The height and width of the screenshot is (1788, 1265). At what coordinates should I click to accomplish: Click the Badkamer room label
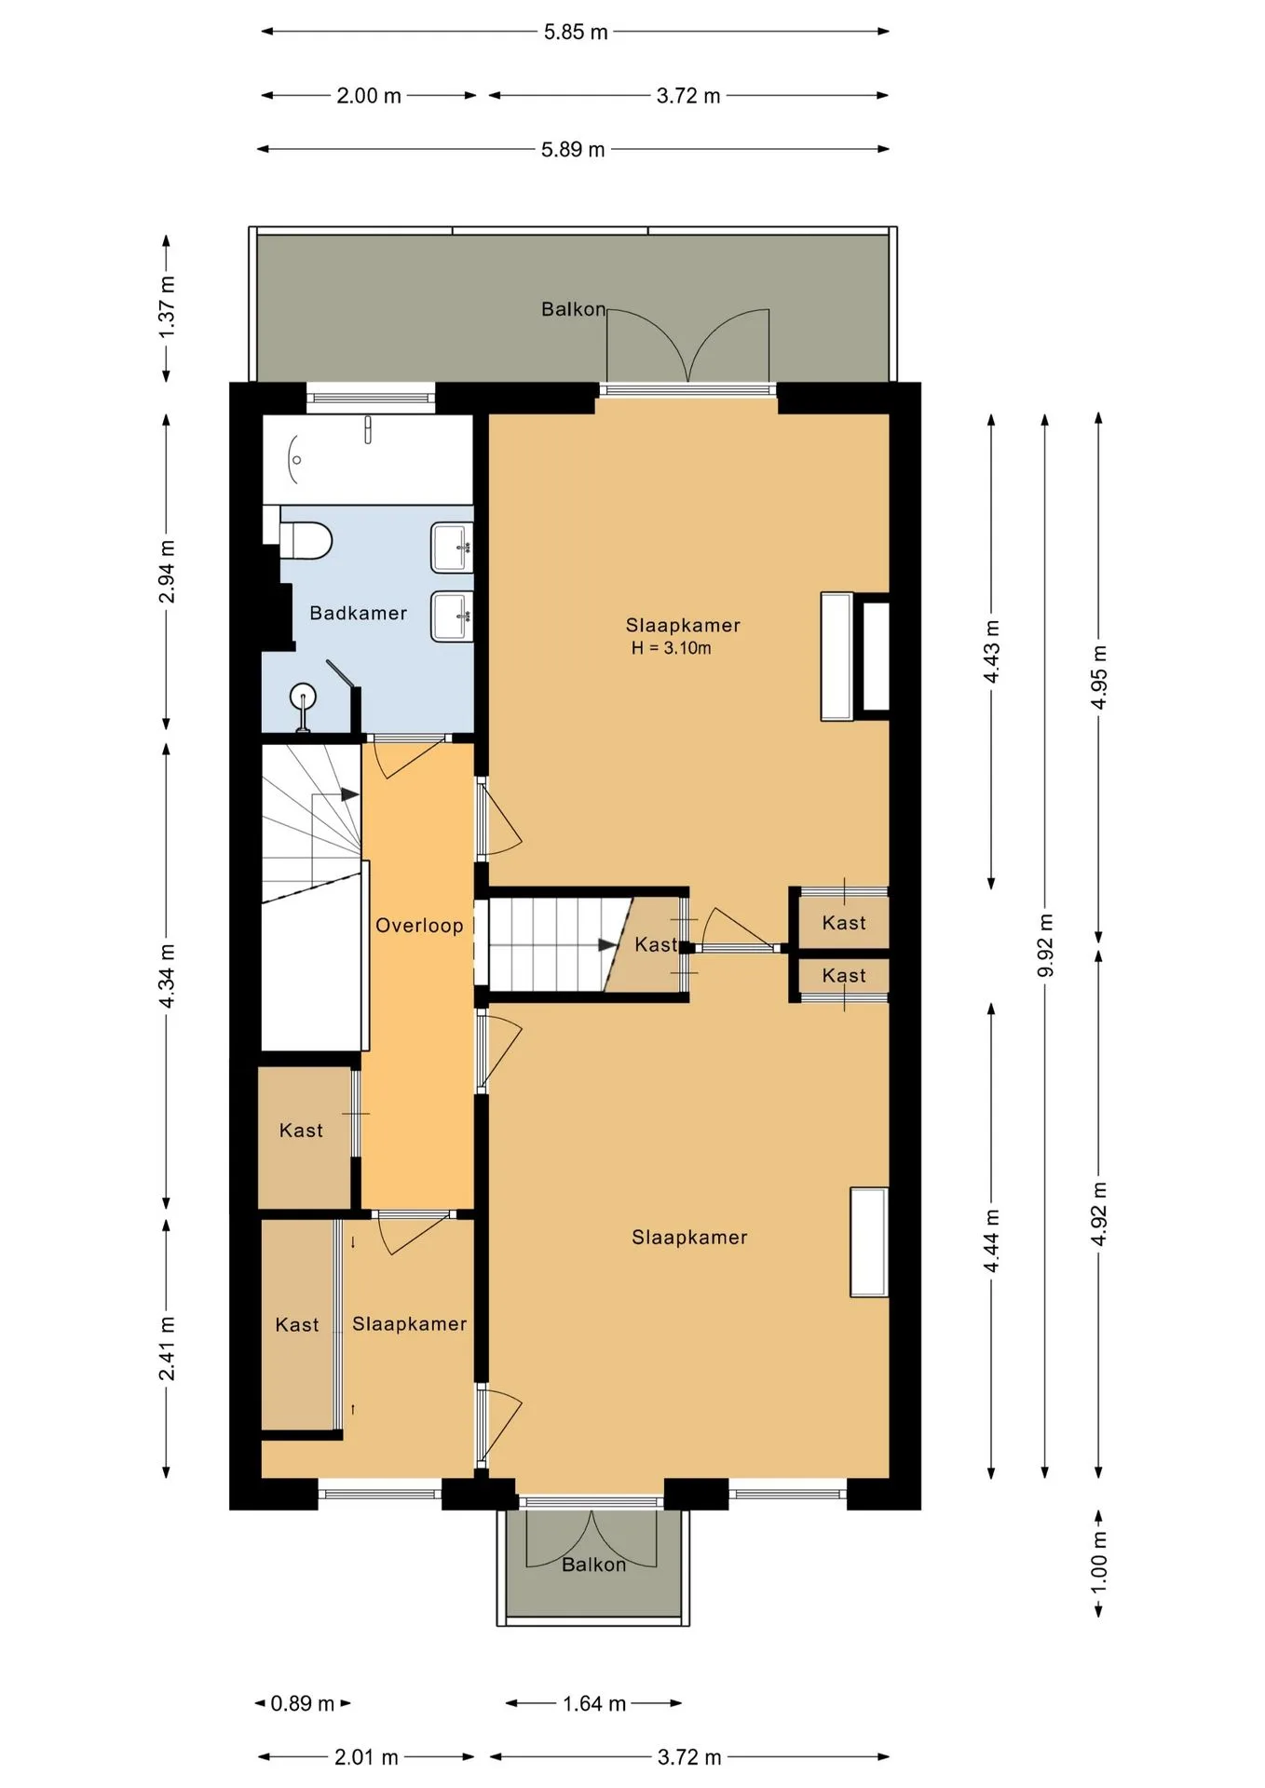[x=358, y=613]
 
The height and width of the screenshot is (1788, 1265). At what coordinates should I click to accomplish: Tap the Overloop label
[x=419, y=925]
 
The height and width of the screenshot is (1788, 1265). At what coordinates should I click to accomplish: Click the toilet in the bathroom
[x=306, y=539]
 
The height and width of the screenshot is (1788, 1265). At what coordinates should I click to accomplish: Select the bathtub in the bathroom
[x=367, y=459]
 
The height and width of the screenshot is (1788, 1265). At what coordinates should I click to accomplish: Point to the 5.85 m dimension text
[x=576, y=32]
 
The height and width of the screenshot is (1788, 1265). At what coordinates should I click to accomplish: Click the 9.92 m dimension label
[x=1045, y=945]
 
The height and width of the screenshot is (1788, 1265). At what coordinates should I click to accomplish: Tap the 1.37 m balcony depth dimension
[x=167, y=307]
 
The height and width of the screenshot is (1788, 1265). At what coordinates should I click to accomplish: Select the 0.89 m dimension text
[x=302, y=1703]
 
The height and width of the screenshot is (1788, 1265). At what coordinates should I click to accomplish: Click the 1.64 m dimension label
[x=594, y=1703]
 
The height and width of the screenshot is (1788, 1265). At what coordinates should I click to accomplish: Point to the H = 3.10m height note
[x=671, y=648]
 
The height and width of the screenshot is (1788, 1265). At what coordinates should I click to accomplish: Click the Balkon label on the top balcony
[x=573, y=309]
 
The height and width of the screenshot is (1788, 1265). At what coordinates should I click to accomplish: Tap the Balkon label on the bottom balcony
[x=593, y=1564]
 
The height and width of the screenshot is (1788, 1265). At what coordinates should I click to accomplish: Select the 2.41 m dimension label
[x=167, y=1348]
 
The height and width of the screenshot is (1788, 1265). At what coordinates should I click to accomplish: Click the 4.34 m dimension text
[x=167, y=976]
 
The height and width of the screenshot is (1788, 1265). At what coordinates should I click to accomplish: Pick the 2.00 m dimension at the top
[x=369, y=95]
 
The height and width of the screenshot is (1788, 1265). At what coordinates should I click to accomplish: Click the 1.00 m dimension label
[x=1099, y=1561]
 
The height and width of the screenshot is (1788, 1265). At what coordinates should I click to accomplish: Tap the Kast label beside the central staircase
[x=656, y=944]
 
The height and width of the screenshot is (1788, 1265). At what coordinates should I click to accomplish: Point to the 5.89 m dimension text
[x=573, y=149]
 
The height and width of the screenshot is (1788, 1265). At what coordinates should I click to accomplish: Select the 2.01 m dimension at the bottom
[x=366, y=1757]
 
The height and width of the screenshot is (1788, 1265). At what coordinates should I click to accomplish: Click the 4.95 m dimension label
[x=1099, y=677]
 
